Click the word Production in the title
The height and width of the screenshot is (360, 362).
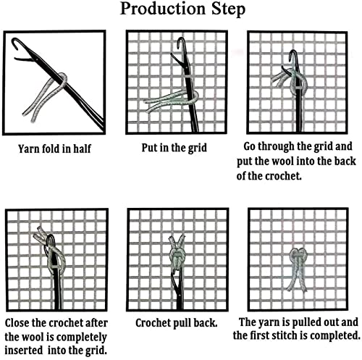pos(163,9)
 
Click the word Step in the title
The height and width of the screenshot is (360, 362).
pos(229,10)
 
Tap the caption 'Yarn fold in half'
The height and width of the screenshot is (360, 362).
pos(55,148)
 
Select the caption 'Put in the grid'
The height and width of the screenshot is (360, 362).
pos(174,148)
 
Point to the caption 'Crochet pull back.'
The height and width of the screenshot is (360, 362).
pos(177,323)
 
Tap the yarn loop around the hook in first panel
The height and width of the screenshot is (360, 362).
pos(62,79)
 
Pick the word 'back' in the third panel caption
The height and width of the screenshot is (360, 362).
pos(345,162)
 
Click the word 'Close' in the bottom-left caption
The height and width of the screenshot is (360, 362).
pos(17,323)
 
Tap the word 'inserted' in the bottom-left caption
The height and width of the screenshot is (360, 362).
pos(24,351)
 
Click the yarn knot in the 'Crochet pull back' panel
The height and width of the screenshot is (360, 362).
pos(177,256)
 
